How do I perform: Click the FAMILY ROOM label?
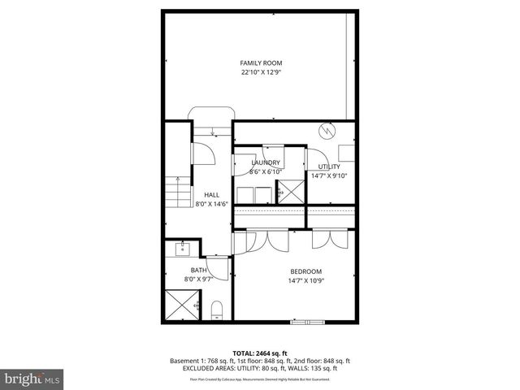tap(259, 63)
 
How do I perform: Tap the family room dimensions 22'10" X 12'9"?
tap(259, 72)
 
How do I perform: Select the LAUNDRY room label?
tap(266, 162)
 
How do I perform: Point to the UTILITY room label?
tap(329, 167)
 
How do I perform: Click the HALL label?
tap(211, 195)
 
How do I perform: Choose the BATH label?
tap(198, 271)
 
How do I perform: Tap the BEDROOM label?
tap(306, 271)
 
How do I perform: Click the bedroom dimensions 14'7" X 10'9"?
tap(306, 280)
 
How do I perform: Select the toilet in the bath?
tap(216, 309)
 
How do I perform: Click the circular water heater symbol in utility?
tap(327, 129)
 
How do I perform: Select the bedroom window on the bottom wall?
tap(310, 322)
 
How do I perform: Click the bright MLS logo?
tap(32, 378)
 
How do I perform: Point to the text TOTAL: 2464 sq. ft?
tap(259, 353)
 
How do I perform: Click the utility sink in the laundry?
tap(288, 192)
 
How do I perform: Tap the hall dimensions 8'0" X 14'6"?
tap(211, 204)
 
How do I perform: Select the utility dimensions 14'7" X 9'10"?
tap(329, 175)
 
